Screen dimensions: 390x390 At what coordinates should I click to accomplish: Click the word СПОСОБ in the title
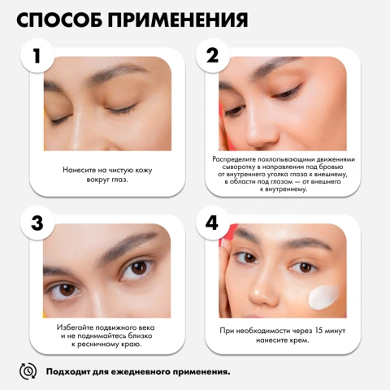68,19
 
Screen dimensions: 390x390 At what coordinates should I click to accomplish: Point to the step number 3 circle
36,223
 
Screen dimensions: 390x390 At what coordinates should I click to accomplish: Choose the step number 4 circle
213,223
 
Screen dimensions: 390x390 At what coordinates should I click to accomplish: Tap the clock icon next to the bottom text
28,371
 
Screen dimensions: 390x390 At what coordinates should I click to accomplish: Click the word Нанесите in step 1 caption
80,170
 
